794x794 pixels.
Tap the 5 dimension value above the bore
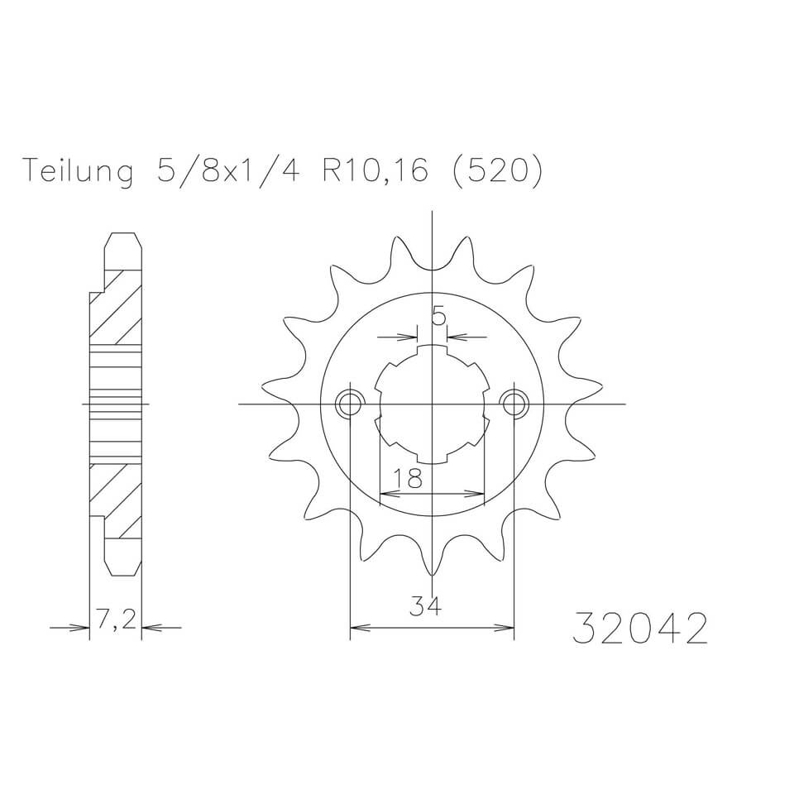(439, 316)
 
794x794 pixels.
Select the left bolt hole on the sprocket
(350, 404)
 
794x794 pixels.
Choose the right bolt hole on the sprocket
(514, 404)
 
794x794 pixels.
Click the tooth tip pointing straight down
(432, 572)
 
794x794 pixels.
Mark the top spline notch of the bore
(432, 351)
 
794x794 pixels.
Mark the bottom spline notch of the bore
(432, 458)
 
